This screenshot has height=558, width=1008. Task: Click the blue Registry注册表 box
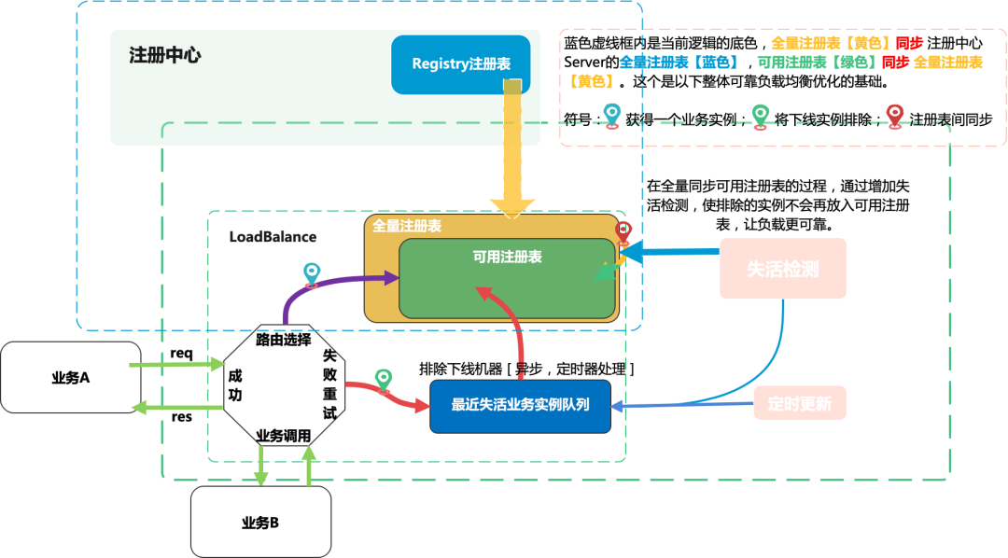pos(460,64)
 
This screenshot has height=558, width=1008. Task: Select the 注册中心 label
pos(164,55)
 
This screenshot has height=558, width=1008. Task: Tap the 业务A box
pos(70,378)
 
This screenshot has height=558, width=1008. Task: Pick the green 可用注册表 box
pos(507,278)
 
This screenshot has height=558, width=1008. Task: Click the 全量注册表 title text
pos(407,226)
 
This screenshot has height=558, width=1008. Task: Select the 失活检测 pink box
pos(782,269)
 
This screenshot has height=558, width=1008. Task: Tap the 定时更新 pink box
pos(799,404)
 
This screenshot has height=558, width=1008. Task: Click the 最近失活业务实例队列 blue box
pos(520,406)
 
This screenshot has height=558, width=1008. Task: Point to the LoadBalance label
pos(273,237)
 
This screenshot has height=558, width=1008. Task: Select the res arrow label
pos(182,416)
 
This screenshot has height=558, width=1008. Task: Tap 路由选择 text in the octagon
pos(283,340)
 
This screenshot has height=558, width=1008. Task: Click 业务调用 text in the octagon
pos(283,436)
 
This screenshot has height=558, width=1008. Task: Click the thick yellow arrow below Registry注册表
pos(511,149)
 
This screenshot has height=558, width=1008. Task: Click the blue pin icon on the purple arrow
pos(312,274)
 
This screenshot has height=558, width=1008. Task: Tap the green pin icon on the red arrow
pos(383,380)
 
